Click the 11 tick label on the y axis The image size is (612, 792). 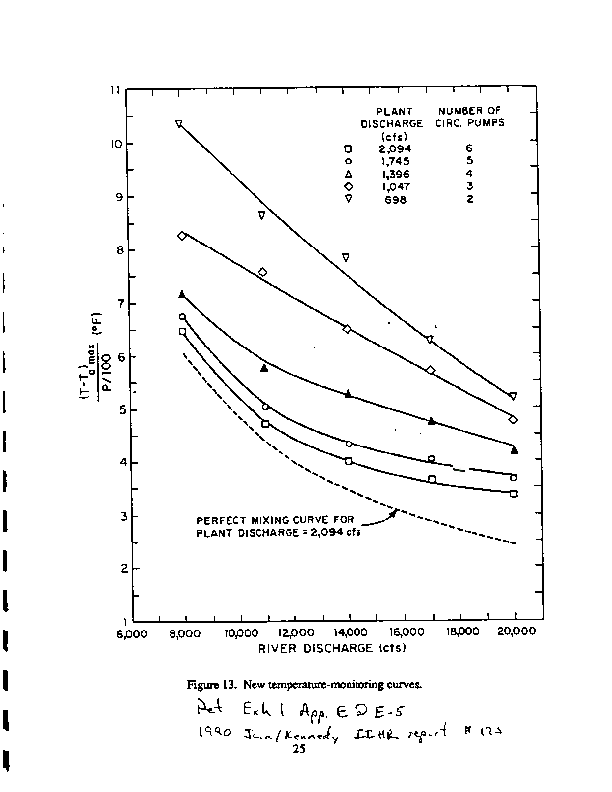(117, 90)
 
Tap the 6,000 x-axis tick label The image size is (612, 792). (133, 633)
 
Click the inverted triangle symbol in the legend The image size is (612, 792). (348, 200)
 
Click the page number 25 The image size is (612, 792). (296, 749)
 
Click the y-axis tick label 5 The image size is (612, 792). (117, 410)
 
